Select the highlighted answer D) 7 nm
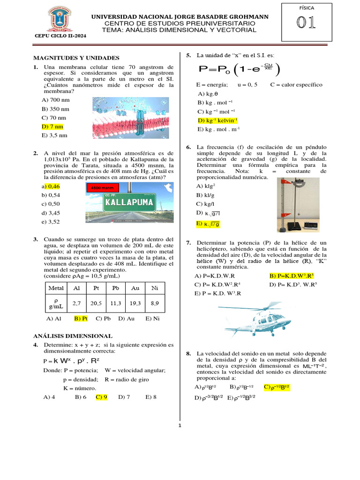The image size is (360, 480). (x=52, y=127)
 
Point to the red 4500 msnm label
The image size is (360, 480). (x=102, y=188)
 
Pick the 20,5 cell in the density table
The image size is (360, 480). (x=97, y=303)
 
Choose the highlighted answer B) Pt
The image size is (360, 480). (x=81, y=318)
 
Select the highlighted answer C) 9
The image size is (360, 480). (x=102, y=397)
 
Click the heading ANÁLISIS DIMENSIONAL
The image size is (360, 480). (x=72, y=336)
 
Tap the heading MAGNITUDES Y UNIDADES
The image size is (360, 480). (x=76, y=58)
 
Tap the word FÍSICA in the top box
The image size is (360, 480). (x=307, y=8)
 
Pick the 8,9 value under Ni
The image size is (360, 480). (x=155, y=303)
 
